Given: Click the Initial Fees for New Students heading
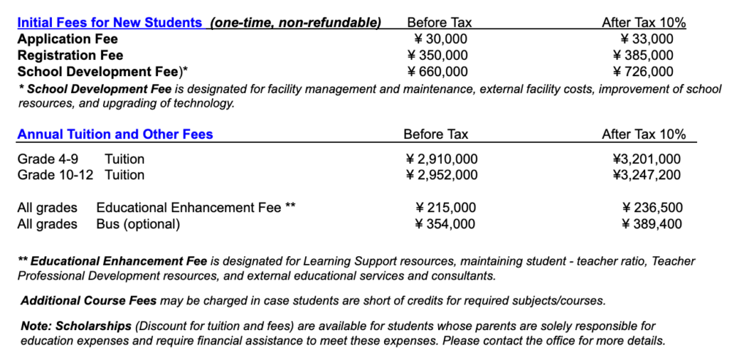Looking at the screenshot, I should (110, 23).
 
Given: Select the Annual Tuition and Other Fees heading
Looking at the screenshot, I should (115, 134).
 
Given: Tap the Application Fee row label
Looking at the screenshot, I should (67, 39).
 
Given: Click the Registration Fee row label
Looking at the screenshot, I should (70, 55).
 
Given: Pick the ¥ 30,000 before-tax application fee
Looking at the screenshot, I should (437, 39).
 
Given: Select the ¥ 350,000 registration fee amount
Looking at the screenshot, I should (437, 55).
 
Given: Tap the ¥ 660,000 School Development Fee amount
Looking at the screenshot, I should (437, 71).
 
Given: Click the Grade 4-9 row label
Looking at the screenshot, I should (48, 159).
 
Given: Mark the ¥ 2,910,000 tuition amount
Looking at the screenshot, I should (442, 159).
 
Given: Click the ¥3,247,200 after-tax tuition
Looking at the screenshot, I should (647, 175).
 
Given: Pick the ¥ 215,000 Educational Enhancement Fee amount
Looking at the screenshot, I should (445, 208).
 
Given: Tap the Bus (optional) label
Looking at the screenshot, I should (138, 224).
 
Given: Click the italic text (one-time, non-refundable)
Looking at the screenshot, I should (296, 23).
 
